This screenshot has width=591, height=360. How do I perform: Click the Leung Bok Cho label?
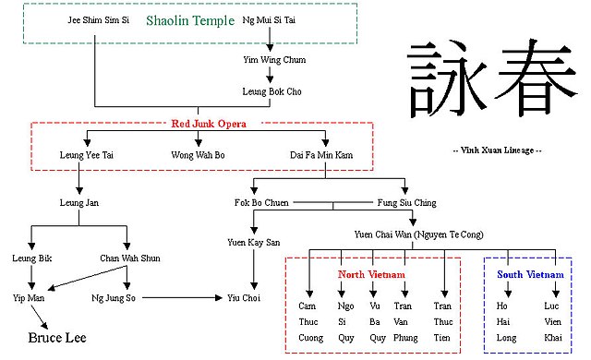(270, 92)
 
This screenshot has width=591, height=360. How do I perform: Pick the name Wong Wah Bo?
(198, 155)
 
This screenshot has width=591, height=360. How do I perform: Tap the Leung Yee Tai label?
(87, 155)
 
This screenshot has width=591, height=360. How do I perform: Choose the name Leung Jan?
(79, 202)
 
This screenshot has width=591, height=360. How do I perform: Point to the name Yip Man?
(30, 297)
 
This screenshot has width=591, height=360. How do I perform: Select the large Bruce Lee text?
(57, 339)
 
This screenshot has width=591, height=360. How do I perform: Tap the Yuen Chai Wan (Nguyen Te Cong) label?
(418, 234)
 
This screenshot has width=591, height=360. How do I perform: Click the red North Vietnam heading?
(371, 275)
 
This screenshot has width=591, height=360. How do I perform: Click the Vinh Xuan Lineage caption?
(497, 150)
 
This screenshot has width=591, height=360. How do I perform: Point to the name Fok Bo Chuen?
(261, 202)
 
